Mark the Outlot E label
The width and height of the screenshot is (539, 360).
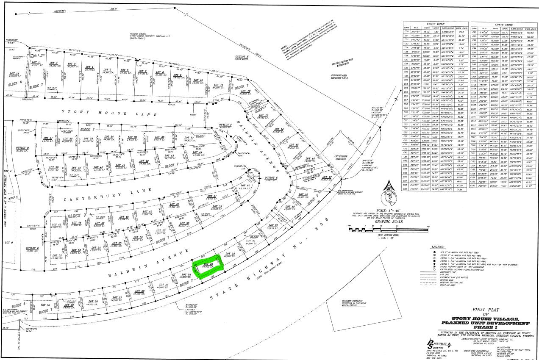[x=32, y=249]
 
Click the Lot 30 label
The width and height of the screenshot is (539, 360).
[x=45, y=305]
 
